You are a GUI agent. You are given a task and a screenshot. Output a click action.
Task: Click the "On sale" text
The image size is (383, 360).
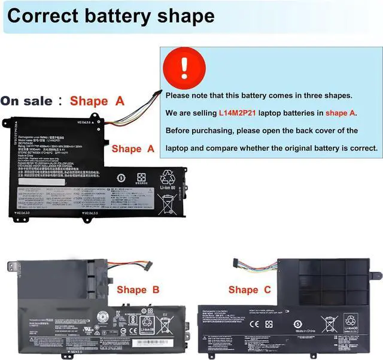coord(26,101)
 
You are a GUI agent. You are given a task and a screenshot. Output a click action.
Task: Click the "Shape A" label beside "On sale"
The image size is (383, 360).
coord(96,101)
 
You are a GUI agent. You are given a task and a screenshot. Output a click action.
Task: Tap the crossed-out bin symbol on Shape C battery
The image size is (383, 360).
coord(328,323)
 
